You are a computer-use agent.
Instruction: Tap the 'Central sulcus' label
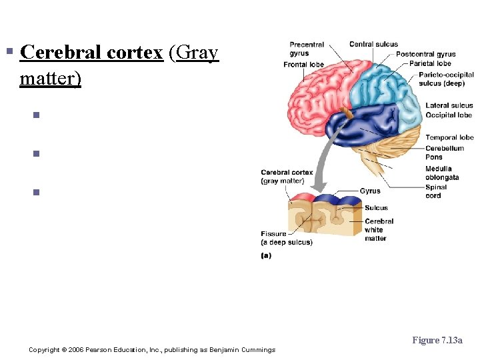coord(373,45)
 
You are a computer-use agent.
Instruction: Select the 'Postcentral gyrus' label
coord(426,55)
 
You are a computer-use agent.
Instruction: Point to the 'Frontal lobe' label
coord(303,65)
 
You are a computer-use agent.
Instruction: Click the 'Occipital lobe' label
coord(449,115)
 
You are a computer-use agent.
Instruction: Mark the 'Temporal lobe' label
coord(449,138)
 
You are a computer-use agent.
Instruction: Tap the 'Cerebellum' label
coord(445,148)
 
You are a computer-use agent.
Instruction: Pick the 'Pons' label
coord(434,157)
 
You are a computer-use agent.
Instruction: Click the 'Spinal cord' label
coord(436,191)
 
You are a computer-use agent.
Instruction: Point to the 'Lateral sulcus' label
coord(449,105)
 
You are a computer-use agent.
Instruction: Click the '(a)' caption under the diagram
coord(266,255)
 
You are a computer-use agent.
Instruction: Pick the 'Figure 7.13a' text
coord(437,341)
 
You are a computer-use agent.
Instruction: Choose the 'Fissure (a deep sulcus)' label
coord(286,238)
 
